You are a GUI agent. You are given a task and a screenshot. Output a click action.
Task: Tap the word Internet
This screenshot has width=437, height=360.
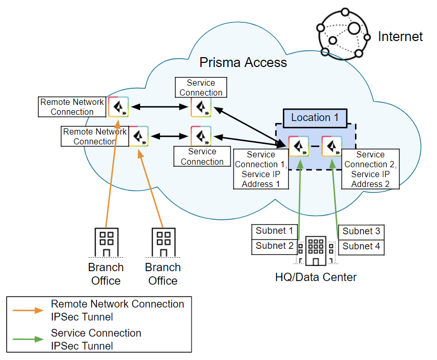(x=400, y=36)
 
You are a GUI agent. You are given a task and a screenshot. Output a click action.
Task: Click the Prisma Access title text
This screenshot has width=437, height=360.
(x=243, y=63)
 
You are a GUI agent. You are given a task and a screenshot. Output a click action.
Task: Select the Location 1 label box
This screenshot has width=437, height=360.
(x=315, y=117)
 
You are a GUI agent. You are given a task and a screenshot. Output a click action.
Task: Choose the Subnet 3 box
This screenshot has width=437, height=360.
(x=361, y=231)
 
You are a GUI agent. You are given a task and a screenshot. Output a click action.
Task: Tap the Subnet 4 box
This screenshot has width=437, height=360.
(x=361, y=246)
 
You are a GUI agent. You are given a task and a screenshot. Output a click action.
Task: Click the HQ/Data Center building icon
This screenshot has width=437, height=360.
(x=316, y=251)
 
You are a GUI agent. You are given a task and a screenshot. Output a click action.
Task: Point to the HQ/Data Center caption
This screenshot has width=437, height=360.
(x=316, y=277)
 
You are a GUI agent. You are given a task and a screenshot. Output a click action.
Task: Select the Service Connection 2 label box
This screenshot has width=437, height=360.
(x=370, y=169)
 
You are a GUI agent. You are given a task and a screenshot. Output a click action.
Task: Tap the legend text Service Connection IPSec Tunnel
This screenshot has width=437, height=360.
(x=96, y=339)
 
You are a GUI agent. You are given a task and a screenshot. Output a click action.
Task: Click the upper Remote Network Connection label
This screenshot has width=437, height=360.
(x=72, y=107)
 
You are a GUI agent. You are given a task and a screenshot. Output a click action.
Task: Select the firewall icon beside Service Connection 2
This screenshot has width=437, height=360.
(x=332, y=146)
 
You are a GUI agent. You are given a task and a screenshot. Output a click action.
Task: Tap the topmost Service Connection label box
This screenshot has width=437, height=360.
(x=200, y=88)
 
